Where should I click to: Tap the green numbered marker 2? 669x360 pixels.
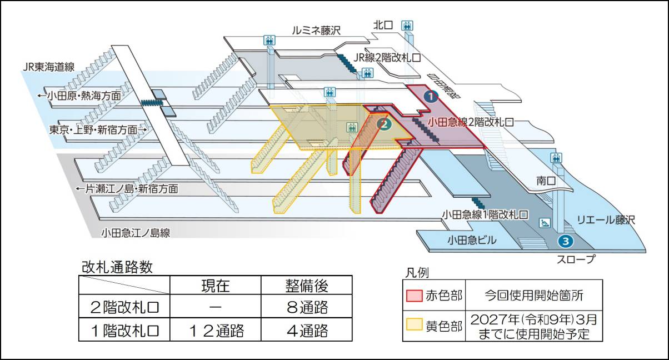[x=382, y=124]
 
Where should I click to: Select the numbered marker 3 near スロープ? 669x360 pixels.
[x=565, y=241]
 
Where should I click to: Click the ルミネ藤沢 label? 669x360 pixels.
[x=316, y=31]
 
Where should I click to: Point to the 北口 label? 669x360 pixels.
[x=383, y=25]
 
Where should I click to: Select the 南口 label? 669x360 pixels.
[x=546, y=181]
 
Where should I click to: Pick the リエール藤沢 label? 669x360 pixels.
[x=606, y=220]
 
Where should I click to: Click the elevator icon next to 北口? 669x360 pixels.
[x=408, y=26]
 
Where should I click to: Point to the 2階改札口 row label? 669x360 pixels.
[x=124, y=307]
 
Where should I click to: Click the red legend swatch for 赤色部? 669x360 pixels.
[x=413, y=294]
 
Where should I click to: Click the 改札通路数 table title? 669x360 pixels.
[x=117, y=267]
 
